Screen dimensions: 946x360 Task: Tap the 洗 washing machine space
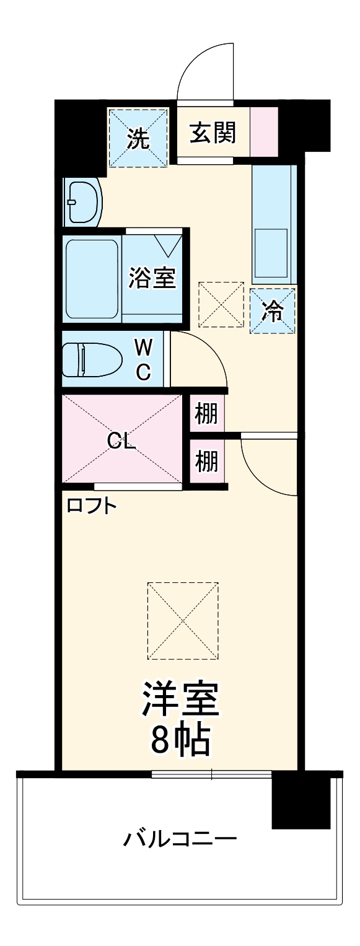click(x=138, y=138)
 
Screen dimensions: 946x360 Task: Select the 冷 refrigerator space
click(x=272, y=310)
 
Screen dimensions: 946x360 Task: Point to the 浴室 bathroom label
click(x=152, y=278)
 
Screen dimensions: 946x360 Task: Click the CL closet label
click(x=121, y=440)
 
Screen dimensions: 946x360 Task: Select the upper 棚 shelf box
click(x=206, y=413)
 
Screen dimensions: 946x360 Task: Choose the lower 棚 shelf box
click(x=206, y=461)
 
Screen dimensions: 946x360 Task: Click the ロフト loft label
click(x=92, y=506)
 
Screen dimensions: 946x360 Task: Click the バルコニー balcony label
click(x=180, y=840)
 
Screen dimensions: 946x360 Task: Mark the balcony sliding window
click(x=211, y=773)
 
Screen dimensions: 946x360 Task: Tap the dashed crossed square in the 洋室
click(x=183, y=620)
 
